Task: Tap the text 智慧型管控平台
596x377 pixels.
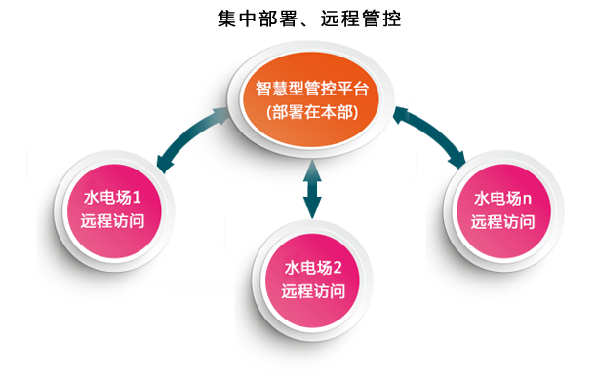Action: (x=311, y=88)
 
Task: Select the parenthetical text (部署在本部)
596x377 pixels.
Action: (x=311, y=113)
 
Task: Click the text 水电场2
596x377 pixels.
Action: (x=313, y=268)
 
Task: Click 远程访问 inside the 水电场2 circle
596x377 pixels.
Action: (x=313, y=291)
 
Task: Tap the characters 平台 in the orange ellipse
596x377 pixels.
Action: (x=354, y=88)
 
